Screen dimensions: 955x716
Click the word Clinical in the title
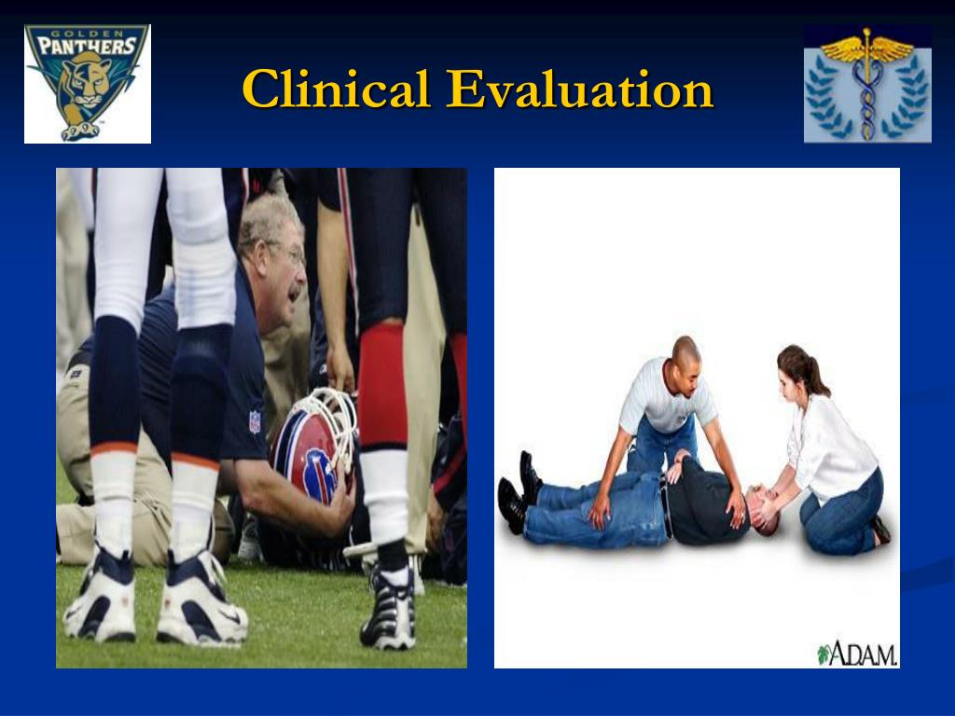pyautogui.click(x=336, y=89)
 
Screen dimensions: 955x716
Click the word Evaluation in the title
pyautogui.click(x=579, y=89)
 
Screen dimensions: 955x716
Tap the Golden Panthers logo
pyautogui.click(x=87, y=83)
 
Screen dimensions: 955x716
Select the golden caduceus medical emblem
pyautogui.click(x=867, y=84)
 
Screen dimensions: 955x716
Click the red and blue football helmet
pyautogui.click(x=310, y=447)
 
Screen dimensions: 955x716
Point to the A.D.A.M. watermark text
pyautogui.click(x=857, y=654)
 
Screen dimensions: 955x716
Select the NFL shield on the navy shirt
pyautogui.click(x=255, y=422)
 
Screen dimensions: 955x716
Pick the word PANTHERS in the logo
pyautogui.click(x=87, y=47)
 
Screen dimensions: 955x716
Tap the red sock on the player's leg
pyautogui.click(x=382, y=386)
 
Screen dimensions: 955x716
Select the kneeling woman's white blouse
pyautogui.click(x=830, y=448)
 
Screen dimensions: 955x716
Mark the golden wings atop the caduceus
pyautogui.click(x=866, y=48)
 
